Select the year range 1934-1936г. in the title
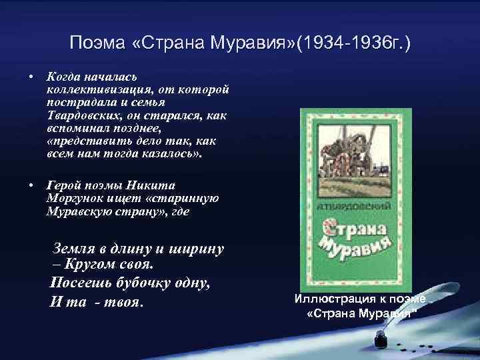(353, 44)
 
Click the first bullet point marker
(30, 75)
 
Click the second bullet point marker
(30, 184)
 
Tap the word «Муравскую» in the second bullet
(77, 211)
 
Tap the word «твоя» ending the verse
(123, 301)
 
